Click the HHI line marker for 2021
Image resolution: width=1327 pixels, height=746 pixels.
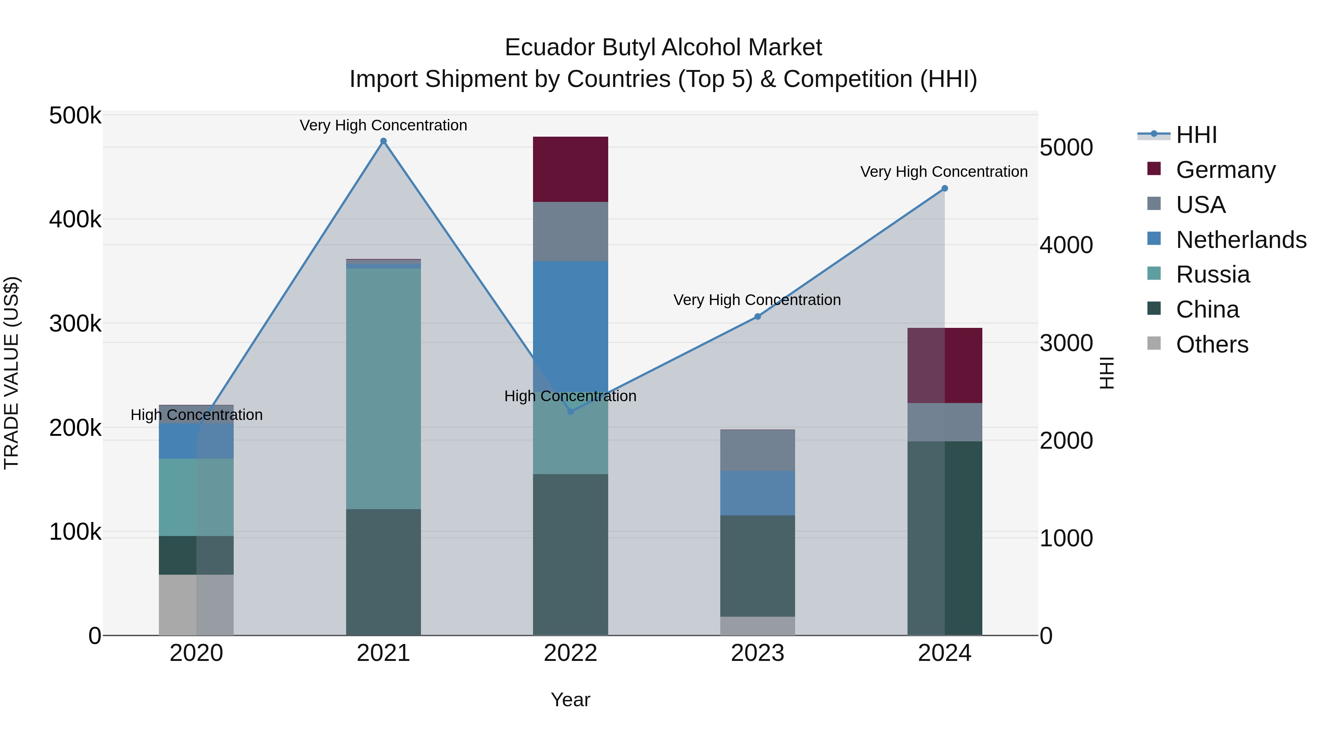(383, 141)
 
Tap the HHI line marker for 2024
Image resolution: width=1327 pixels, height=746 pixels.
(944, 188)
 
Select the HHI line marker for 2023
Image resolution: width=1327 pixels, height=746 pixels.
(757, 316)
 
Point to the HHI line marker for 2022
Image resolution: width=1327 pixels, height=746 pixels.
(570, 412)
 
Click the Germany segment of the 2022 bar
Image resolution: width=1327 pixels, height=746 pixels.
(570, 169)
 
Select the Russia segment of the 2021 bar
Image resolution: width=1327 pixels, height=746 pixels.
(383, 389)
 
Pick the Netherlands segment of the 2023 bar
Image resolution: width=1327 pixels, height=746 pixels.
(757, 493)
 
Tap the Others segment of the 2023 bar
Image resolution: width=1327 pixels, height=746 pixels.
(757, 626)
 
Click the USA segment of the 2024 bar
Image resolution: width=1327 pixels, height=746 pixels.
(944, 422)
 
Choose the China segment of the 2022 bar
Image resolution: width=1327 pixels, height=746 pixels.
(570, 554)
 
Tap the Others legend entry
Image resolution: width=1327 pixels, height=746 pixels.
(1212, 344)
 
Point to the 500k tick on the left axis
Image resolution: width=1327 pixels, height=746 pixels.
(75, 115)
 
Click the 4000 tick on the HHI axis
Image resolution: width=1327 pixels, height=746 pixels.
(1066, 245)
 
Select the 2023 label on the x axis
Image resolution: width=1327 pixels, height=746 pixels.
(757, 653)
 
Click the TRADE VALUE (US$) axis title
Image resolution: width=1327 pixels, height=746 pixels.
(11, 373)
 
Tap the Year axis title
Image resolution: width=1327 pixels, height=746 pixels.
(570, 700)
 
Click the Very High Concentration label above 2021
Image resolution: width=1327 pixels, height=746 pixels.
(383, 125)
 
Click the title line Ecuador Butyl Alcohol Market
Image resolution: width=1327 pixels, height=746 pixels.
(663, 48)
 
